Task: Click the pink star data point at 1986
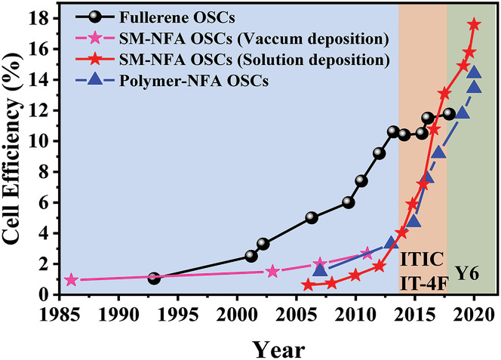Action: click(71, 280)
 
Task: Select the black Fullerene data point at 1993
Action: click(154, 278)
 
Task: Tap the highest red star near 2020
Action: click(474, 25)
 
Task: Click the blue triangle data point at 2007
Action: click(320, 269)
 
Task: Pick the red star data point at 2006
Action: click(308, 285)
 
